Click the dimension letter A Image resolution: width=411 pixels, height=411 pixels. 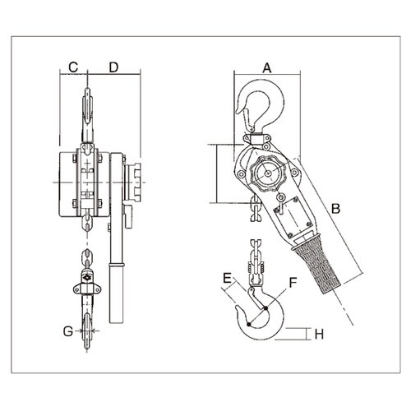[x=266, y=67]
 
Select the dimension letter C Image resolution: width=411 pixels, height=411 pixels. [x=72, y=67]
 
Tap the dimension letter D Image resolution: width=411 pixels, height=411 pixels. [x=114, y=67]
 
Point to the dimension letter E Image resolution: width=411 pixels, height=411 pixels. [x=226, y=279]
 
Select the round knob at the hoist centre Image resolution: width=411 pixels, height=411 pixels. [x=268, y=174]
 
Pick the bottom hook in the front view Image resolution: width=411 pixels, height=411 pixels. [x=86, y=329]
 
